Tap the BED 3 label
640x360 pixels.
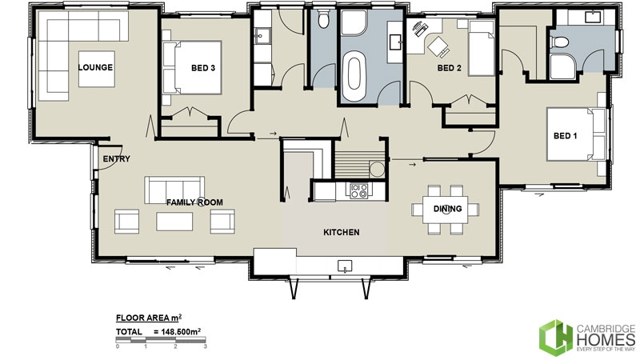pyautogui.click(x=203, y=68)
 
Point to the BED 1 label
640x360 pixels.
pyautogui.click(x=565, y=135)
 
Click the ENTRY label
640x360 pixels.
pyautogui.click(x=116, y=158)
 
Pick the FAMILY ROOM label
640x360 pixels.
pyautogui.click(x=194, y=202)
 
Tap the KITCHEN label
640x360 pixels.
pyautogui.click(x=341, y=233)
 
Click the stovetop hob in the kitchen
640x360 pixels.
pyautogui.click(x=358, y=190)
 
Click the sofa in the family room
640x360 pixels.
pyautogui.click(x=174, y=189)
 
